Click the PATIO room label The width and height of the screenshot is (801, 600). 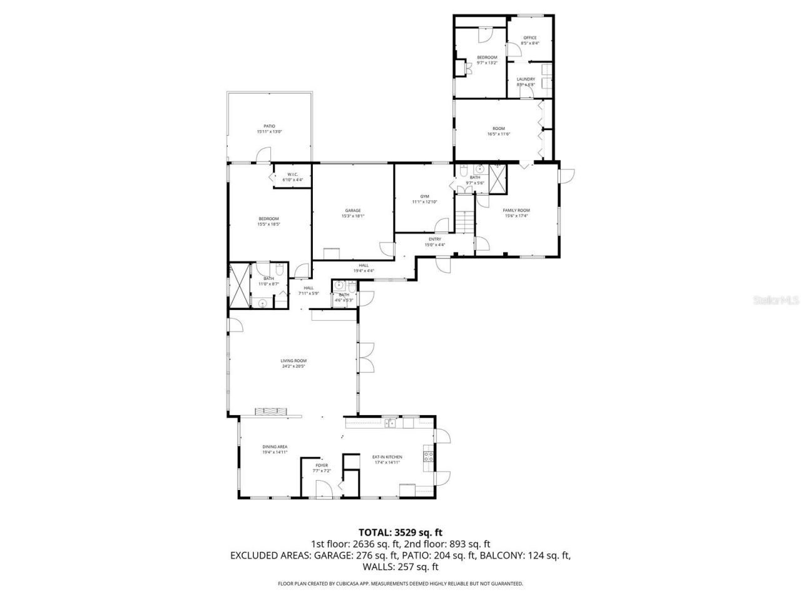click(269, 126)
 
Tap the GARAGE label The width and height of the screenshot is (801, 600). click(353, 211)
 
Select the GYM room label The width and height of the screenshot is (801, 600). click(424, 196)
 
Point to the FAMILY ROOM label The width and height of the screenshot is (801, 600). click(517, 211)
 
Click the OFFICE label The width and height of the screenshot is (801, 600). click(530, 38)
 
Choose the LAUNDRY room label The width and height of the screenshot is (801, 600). click(526, 79)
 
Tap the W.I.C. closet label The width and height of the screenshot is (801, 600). click(292, 174)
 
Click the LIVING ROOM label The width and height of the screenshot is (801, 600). click(293, 361)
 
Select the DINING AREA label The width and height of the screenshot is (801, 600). click(275, 446)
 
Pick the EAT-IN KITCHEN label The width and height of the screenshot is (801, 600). click(387, 457)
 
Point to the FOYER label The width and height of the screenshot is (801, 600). click(322, 466)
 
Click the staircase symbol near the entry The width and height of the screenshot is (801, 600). click(464, 221)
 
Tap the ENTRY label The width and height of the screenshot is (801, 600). click(435, 239)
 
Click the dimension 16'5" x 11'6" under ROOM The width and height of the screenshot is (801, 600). click(498, 134)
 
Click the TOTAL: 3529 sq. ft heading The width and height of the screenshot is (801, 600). click(400, 532)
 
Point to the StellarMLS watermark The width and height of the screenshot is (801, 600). click(776, 301)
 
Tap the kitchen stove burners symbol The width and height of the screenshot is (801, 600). click(429, 456)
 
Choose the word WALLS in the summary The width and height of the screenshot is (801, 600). click(377, 567)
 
